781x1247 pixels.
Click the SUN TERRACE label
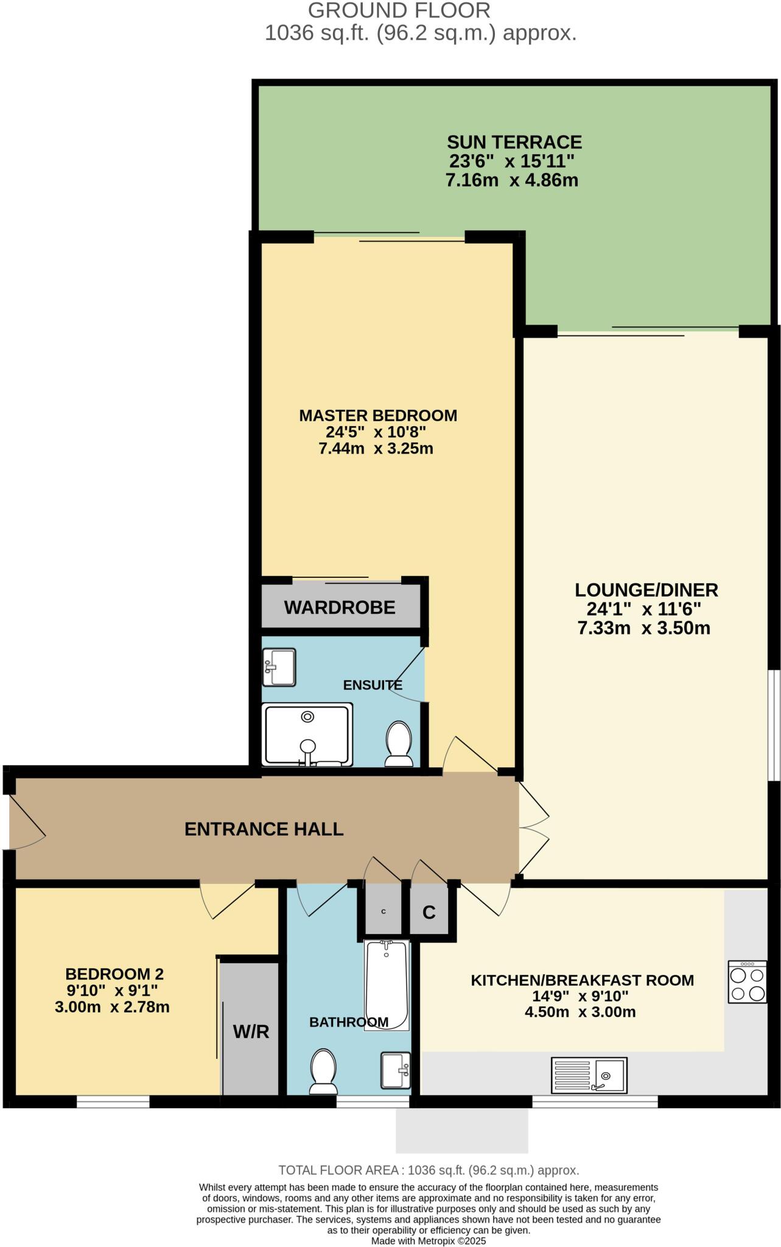(x=514, y=142)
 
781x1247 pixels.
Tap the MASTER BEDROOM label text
(x=378, y=415)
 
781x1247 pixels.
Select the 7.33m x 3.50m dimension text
(x=644, y=628)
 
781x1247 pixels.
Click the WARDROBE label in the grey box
(x=340, y=607)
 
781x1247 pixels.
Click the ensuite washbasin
(x=279, y=667)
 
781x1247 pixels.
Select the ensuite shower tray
(x=307, y=734)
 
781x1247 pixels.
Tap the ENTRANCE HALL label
(x=264, y=829)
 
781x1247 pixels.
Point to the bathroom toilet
(x=323, y=1071)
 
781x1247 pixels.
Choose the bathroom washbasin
(x=396, y=1070)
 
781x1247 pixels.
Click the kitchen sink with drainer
(x=589, y=1075)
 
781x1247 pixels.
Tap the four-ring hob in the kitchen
(x=748, y=982)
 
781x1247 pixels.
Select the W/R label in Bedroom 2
(x=251, y=1031)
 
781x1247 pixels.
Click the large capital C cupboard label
(x=429, y=912)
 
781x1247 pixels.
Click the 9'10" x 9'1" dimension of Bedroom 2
(x=112, y=990)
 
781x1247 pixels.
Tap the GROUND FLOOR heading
(x=399, y=10)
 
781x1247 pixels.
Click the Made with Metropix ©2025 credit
(x=429, y=1240)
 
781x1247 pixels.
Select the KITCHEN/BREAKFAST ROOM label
(x=582, y=980)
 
